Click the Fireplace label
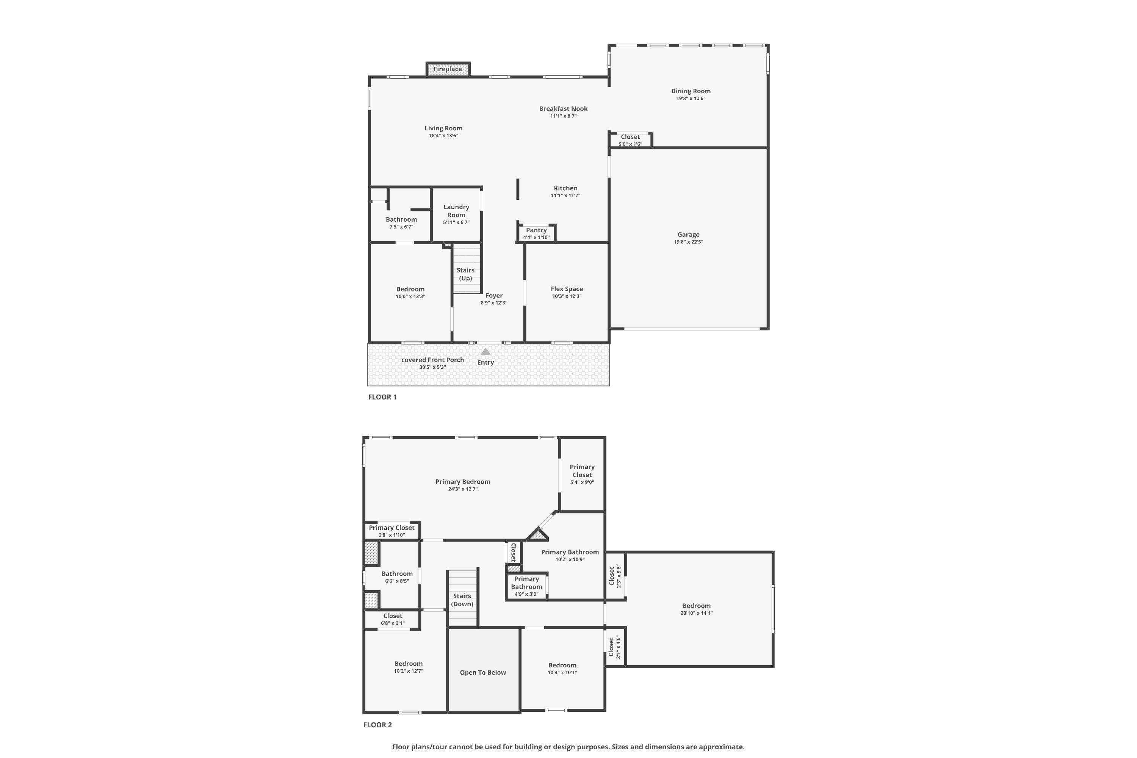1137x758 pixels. pyautogui.click(x=447, y=69)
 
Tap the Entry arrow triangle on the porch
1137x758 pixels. pyautogui.click(x=485, y=351)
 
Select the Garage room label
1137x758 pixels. pyautogui.click(x=688, y=235)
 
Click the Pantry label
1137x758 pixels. pyautogui.click(x=536, y=230)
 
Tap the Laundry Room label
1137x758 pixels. pyautogui.click(x=456, y=211)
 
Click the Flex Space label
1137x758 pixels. pyautogui.click(x=567, y=289)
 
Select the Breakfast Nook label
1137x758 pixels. pyautogui.click(x=563, y=109)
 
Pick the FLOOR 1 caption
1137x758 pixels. pyautogui.click(x=382, y=397)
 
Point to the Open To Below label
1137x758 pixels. pyautogui.click(x=482, y=672)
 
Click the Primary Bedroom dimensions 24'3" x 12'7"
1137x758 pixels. pyautogui.click(x=463, y=489)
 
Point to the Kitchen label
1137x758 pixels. pyautogui.click(x=565, y=188)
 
